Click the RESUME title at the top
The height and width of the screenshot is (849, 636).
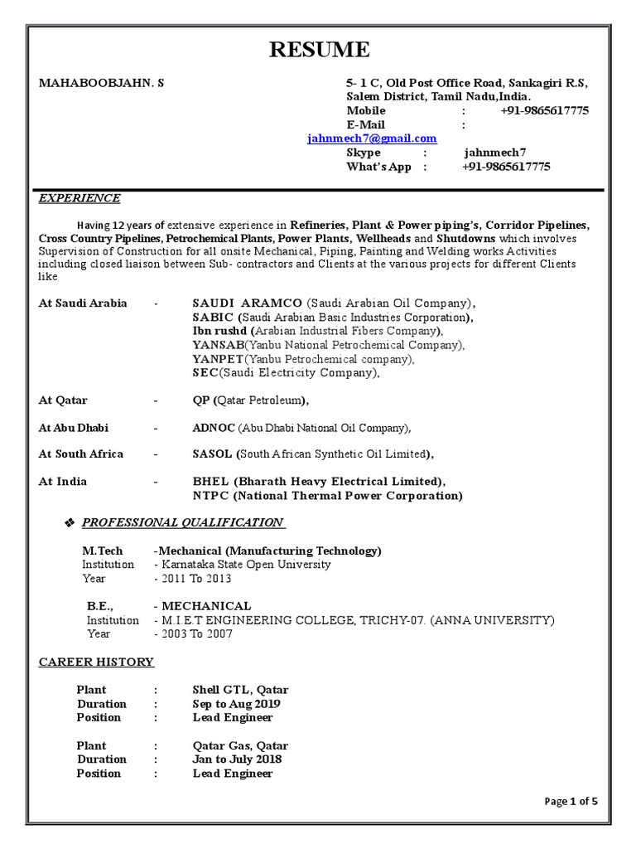coord(320,51)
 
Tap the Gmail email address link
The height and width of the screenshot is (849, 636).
coord(372,138)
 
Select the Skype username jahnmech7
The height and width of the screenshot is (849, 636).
coord(494,153)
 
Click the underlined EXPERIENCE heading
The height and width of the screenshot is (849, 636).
coord(79,198)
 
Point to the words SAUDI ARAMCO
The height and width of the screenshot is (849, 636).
coord(247,303)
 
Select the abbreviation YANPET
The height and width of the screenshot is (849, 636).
coord(218,359)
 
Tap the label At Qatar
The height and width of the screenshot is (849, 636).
coord(63,400)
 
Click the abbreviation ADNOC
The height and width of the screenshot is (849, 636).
coord(214,428)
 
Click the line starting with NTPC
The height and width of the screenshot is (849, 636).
coord(327,496)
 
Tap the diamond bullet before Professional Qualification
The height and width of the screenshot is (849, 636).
coord(70,523)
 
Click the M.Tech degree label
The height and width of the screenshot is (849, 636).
coord(102,551)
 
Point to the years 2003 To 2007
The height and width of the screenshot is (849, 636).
coord(196,634)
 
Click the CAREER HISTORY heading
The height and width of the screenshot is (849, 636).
coord(96,662)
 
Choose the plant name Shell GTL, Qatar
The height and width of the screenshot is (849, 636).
coord(240,690)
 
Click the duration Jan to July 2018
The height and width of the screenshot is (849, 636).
coord(237,759)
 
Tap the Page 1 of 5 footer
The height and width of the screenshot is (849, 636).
coord(571,801)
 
